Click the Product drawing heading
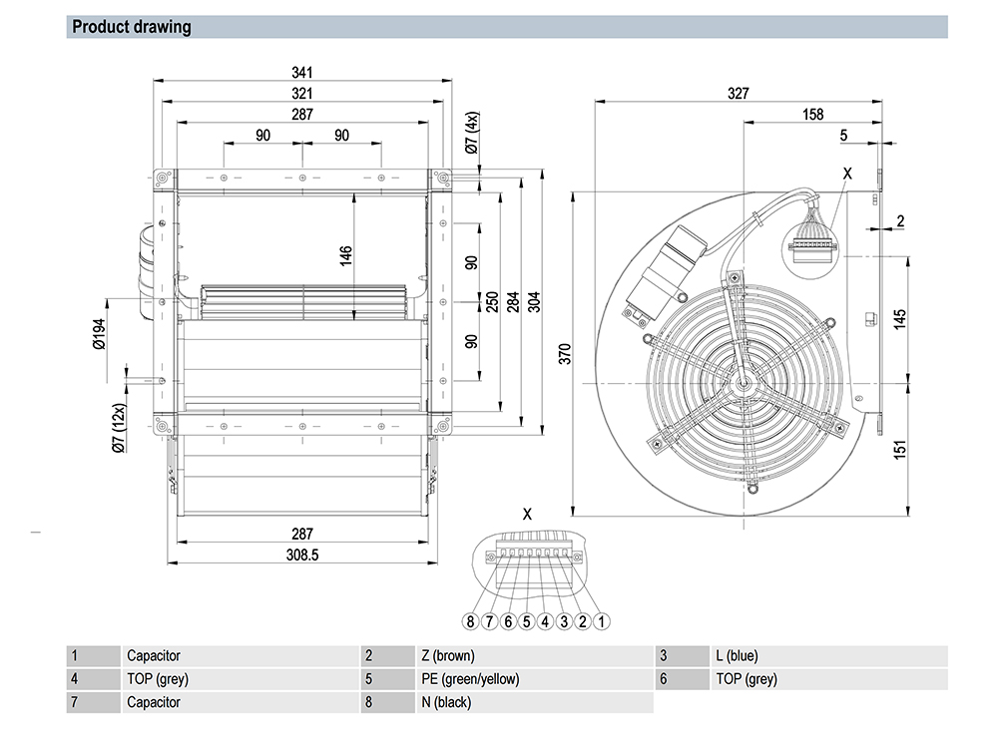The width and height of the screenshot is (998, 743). point(131,27)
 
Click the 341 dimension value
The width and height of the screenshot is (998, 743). point(302,73)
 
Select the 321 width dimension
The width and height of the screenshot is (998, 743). point(302,92)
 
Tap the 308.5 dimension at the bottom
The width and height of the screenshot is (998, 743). point(301,557)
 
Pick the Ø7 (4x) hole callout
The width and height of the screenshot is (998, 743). point(472,134)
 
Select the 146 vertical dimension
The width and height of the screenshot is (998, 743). point(346,256)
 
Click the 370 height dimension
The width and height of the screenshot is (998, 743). point(564,352)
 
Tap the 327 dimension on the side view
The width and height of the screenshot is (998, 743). point(739,93)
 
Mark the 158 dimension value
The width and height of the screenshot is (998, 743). point(813,115)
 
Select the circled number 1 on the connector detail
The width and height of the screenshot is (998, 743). point(602,621)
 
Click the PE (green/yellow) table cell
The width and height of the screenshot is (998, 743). point(470,679)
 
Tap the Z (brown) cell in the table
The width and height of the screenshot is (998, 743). point(447,656)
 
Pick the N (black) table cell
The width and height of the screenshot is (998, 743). point(446,702)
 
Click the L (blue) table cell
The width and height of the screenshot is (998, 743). point(737,656)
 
